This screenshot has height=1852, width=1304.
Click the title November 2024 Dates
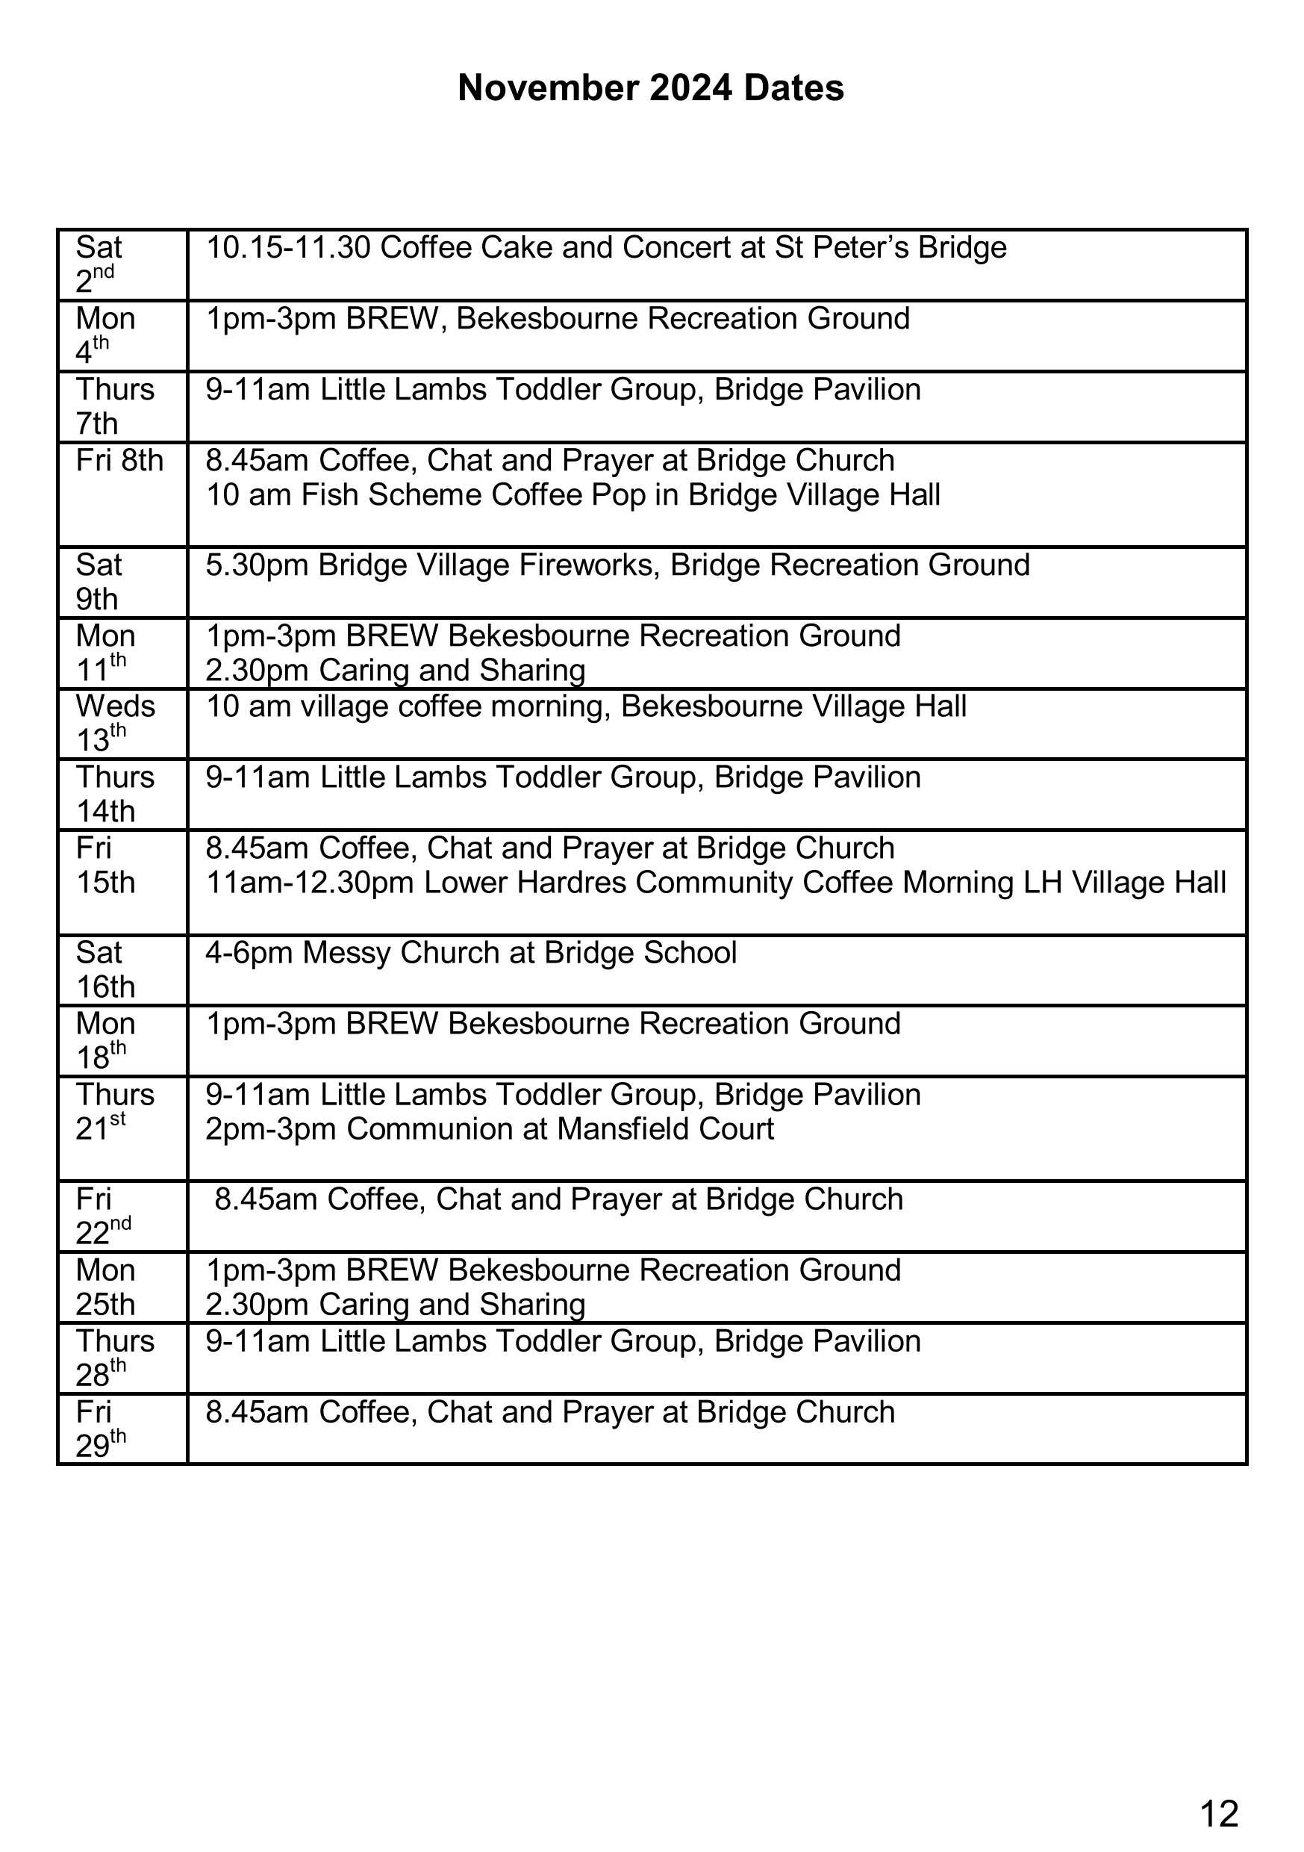coord(651,88)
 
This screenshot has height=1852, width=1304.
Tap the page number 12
coord(1218,1792)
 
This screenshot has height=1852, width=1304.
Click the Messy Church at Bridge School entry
coord(471,953)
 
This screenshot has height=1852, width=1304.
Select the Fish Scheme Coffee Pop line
coord(573,495)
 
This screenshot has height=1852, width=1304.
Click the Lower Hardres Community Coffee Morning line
coord(716,883)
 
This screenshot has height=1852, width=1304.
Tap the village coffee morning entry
coord(585,706)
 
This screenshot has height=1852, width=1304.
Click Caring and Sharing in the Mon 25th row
coord(452,1305)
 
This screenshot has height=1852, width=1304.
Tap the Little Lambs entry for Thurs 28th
coord(563,1341)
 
